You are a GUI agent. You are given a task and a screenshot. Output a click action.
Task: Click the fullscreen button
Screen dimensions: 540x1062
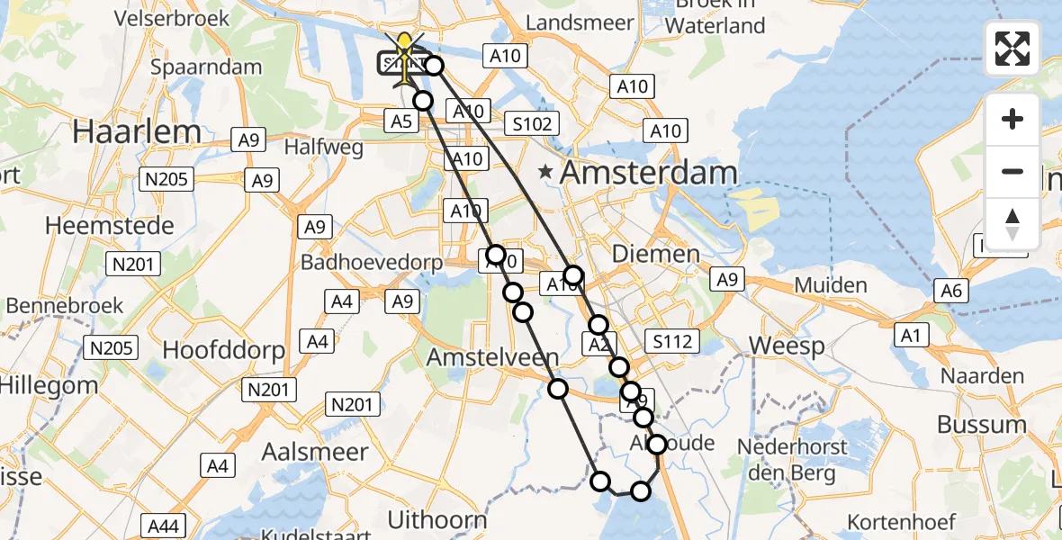(1012, 49)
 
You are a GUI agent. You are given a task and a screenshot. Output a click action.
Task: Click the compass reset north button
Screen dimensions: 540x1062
(1012, 223)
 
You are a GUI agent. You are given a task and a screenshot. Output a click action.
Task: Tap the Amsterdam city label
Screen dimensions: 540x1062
(649, 172)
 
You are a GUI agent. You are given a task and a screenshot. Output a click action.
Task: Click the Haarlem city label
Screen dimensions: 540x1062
(137, 131)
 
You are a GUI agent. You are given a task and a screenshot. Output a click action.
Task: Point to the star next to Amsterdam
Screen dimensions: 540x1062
(545, 171)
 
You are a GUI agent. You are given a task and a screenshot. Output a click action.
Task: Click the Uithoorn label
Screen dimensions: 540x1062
(436, 519)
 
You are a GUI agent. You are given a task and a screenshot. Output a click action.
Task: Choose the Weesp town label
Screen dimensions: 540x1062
(774, 346)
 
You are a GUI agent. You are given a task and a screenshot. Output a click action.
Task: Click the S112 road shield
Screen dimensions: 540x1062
(672, 341)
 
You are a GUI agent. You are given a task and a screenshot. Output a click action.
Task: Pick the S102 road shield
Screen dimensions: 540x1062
(532, 123)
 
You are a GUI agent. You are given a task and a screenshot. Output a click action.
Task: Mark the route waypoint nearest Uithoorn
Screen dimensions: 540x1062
(600, 481)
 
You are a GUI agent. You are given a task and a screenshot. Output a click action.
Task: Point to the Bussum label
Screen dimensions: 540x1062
(982, 424)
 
